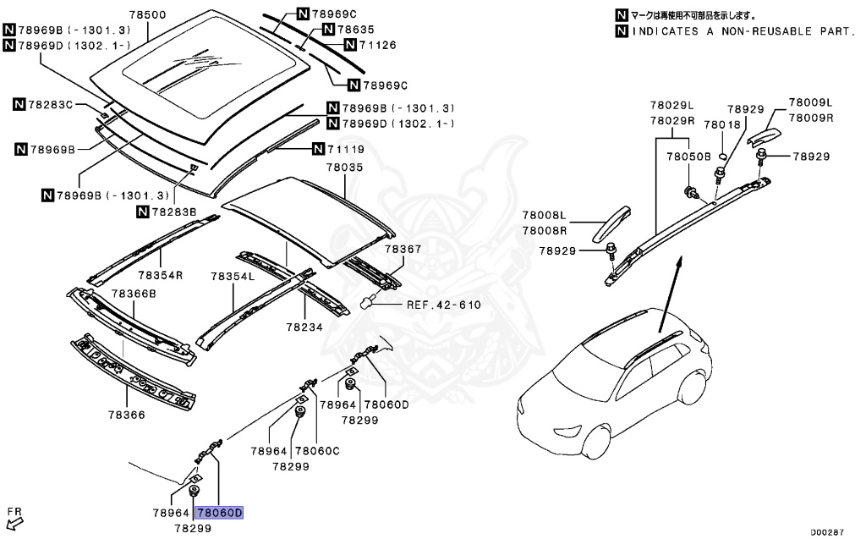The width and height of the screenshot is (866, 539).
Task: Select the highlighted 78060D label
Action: (x=219, y=513)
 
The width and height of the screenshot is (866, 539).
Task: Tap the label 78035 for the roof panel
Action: (x=344, y=168)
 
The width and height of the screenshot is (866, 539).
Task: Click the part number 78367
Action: (x=403, y=249)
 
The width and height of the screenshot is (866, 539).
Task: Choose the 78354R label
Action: (x=160, y=275)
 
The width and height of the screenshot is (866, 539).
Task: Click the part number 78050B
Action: (x=688, y=157)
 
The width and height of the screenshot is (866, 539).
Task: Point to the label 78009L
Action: (x=810, y=102)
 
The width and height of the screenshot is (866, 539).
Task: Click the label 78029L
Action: (x=671, y=105)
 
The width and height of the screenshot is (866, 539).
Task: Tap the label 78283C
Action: (x=50, y=105)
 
